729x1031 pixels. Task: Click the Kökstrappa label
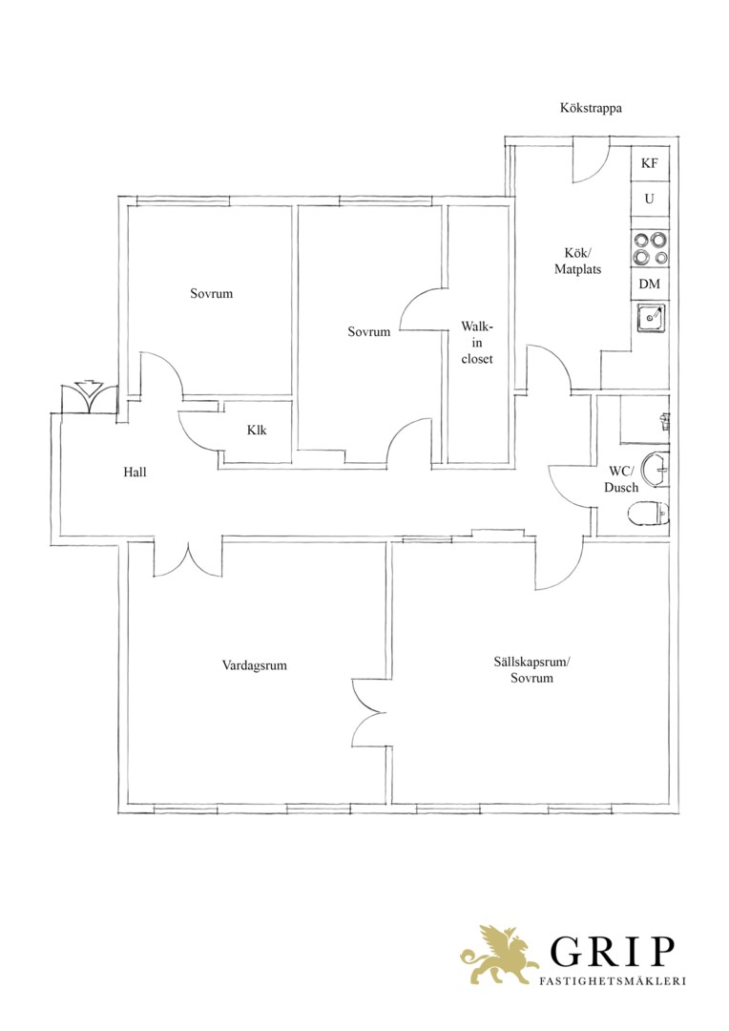tap(591, 109)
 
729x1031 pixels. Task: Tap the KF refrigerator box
tap(650, 163)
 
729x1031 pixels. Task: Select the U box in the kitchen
tap(650, 199)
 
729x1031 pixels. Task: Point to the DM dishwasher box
tap(650, 284)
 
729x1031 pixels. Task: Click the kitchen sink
tap(651, 318)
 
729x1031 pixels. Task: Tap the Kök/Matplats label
tap(577, 261)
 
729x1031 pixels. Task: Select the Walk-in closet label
tap(476, 343)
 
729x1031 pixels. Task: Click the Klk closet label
tap(257, 430)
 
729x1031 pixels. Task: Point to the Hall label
tap(135, 473)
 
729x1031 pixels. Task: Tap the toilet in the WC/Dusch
tap(649, 515)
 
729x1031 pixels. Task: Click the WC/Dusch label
tap(621, 479)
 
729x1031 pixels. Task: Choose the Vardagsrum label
tap(255, 665)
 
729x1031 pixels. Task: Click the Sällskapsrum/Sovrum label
tap(531, 670)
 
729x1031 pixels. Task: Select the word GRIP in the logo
tap(612, 951)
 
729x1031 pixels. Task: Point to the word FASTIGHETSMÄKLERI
tap(612, 981)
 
